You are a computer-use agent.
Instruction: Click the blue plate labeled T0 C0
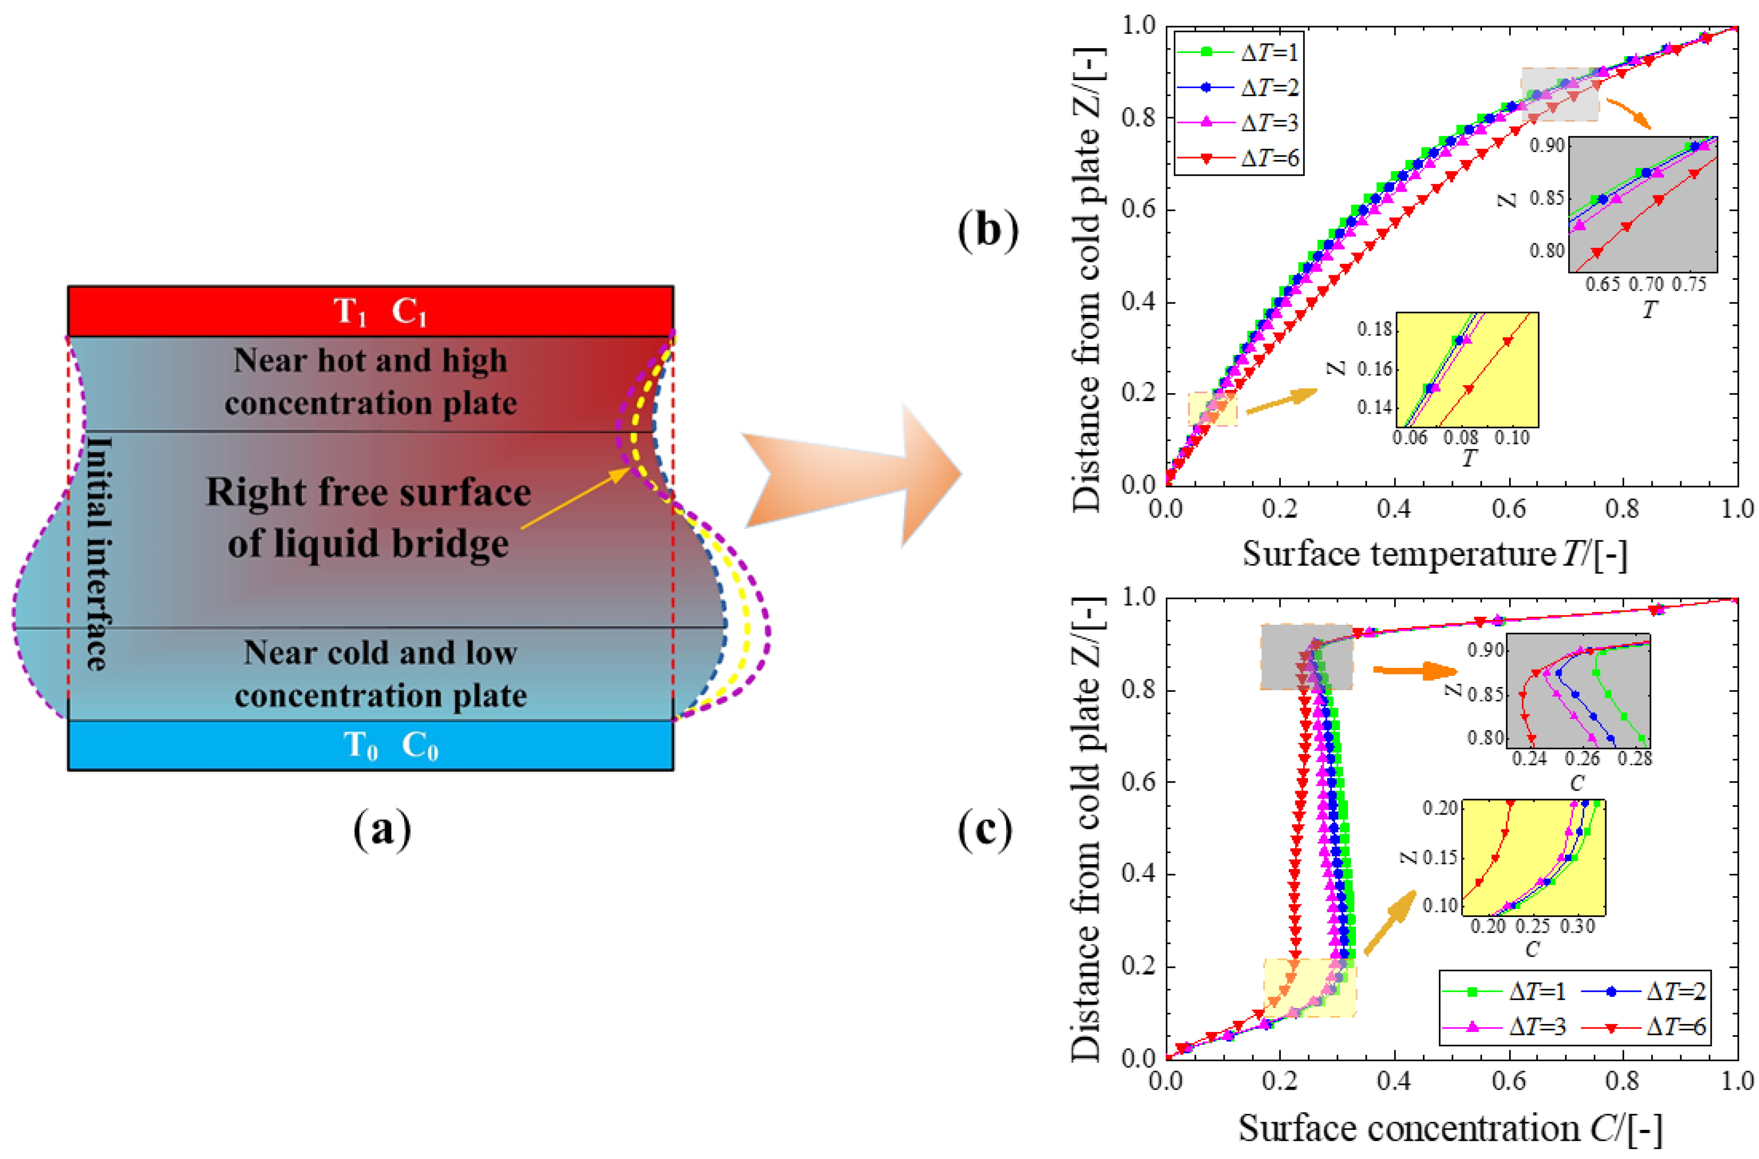(x=370, y=745)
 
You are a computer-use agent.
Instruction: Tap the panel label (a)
(x=382, y=830)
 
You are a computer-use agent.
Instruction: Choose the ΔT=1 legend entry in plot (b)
(x=1239, y=52)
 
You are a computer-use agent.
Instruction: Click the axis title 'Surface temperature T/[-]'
(x=1435, y=553)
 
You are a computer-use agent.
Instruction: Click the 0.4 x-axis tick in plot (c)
(x=1394, y=1081)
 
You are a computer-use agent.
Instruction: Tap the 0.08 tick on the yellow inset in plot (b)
(x=1460, y=438)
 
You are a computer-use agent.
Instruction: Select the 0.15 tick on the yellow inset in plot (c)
(x=1440, y=858)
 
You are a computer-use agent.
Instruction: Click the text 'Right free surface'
(x=368, y=492)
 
